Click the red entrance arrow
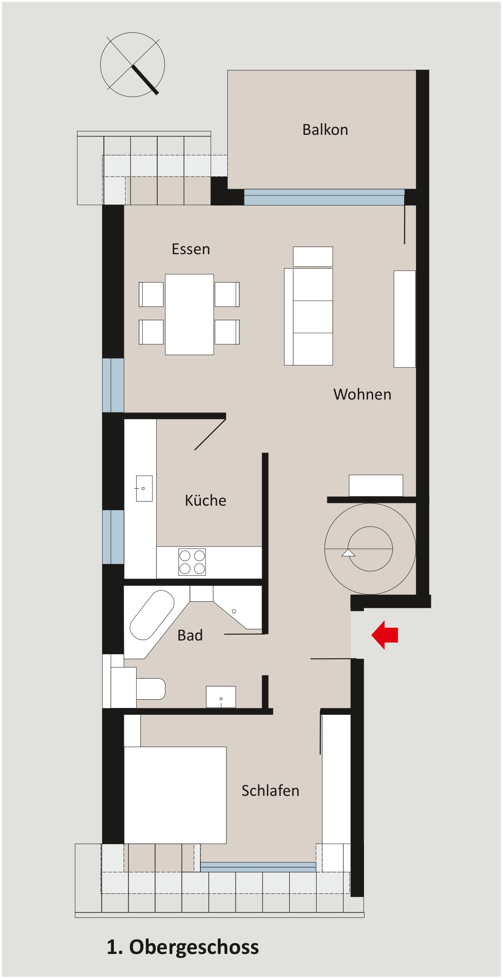pos(385,635)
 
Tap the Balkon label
pos(325,130)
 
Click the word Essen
pos(191,249)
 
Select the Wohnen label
pos(362,394)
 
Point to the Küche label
pos(205,500)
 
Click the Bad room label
pos(190,635)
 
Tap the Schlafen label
pos(270,790)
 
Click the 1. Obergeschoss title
pos(183,947)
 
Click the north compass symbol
pos(133,65)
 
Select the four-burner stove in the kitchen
pos(192,562)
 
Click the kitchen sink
pos(144,488)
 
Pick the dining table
pos(190,314)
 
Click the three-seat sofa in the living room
pos(308,317)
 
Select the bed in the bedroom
pos(175,795)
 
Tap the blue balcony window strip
pos(324,197)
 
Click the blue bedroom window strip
pos(258,867)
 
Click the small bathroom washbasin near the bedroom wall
pos(221,697)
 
